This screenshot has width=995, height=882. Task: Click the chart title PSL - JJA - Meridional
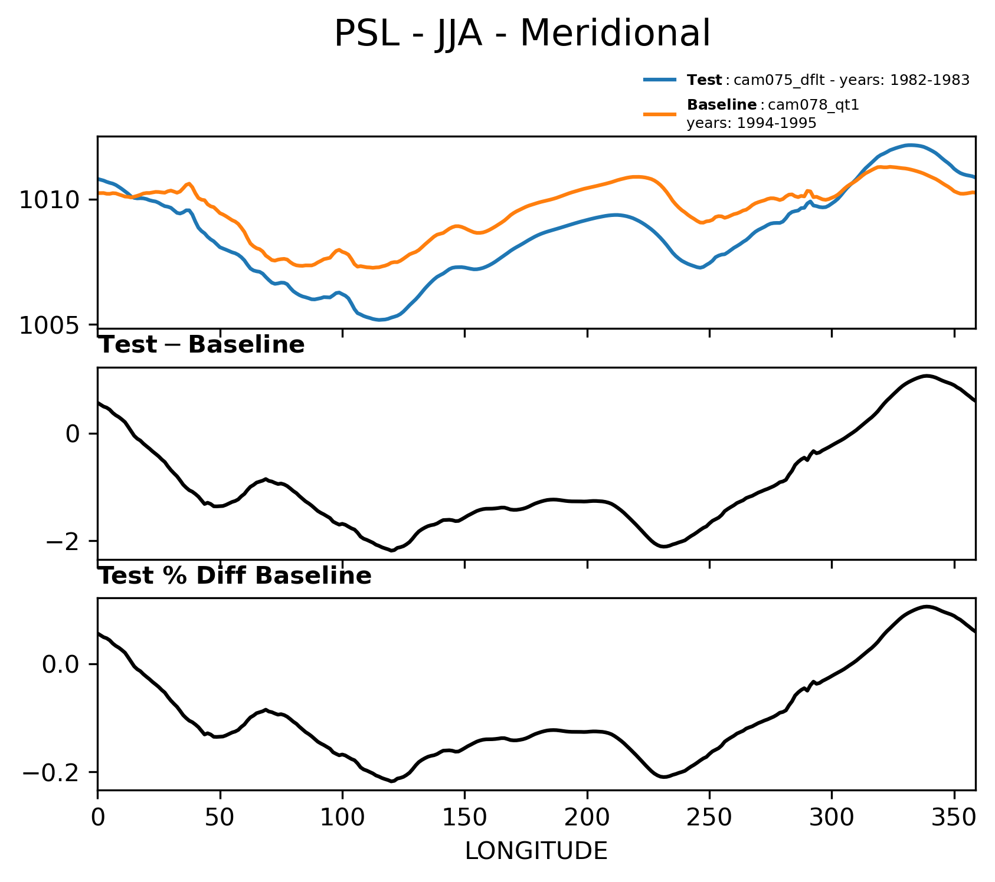tap(522, 34)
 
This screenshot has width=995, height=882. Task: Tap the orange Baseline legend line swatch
tap(659, 114)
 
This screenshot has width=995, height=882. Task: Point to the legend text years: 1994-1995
tap(751, 123)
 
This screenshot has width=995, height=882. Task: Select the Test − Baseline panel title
tap(201, 345)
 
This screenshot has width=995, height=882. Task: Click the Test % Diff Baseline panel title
tap(234, 576)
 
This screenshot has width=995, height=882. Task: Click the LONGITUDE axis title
tap(536, 851)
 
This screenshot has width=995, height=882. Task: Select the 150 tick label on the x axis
tap(464, 819)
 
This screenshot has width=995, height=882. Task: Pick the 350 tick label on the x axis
tap(954, 819)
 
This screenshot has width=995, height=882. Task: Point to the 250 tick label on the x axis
tap(709, 819)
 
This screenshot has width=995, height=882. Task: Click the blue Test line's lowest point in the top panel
tap(381, 320)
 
